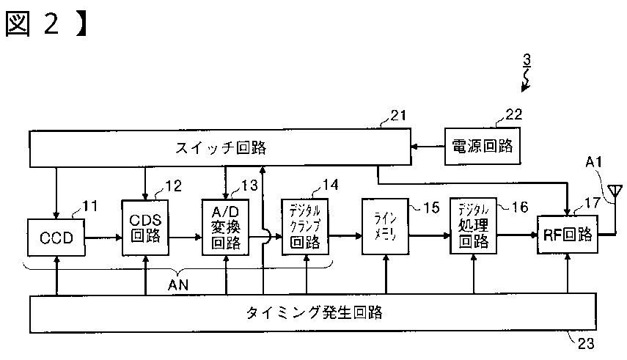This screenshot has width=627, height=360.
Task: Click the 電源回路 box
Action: point(482,147)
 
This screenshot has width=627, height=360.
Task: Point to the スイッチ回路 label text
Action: point(220,148)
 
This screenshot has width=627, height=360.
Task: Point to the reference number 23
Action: point(585,342)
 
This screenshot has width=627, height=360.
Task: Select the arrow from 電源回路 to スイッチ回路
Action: point(428,147)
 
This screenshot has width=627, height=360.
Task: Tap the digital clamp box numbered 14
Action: point(305,227)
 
